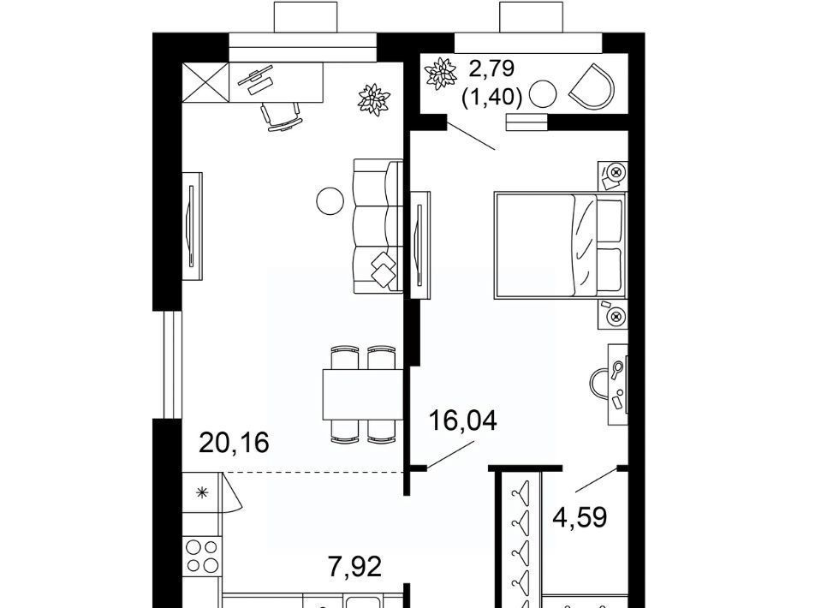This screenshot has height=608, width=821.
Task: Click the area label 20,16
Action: click(x=234, y=443)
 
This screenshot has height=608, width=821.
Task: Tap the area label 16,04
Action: click(x=463, y=420)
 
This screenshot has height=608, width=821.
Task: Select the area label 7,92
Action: click(x=355, y=567)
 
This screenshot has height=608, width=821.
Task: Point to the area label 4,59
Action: click(x=580, y=517)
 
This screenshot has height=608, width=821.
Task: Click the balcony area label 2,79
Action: click(x=491, y=69)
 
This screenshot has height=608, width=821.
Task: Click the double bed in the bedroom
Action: click(x=560, y=246)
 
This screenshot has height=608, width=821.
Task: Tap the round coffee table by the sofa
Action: click(x=330, y=200)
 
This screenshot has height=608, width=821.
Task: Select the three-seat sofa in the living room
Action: click(x=378, y=226)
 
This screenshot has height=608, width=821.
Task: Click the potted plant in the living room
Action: click(x=374, y=99)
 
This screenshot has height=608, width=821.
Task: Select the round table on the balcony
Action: click(x=544, y=94)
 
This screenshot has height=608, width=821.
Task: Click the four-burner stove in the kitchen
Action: click(x=202, y=556)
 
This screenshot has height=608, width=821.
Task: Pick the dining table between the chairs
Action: click(x=362, y=394)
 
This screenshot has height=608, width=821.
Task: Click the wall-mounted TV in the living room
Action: click(x=192, y=226)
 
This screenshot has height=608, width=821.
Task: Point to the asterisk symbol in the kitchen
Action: click(x=201, y=492)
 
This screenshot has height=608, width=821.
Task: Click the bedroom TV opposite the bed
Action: click(x=420, y=245)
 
